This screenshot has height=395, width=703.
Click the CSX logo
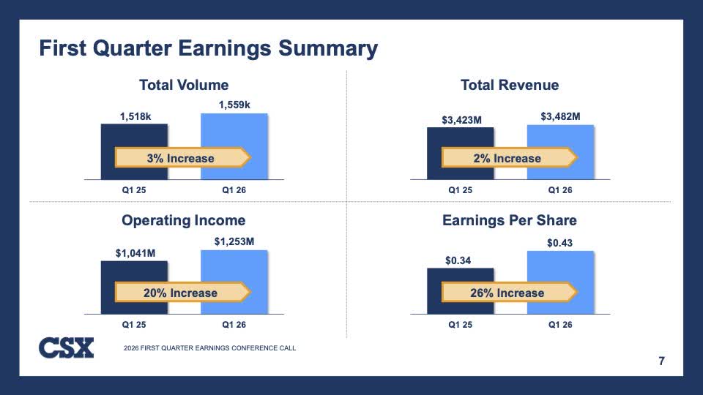66,347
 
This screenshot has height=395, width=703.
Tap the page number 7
662,361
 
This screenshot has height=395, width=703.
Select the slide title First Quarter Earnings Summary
208,49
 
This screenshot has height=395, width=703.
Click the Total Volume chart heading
184,86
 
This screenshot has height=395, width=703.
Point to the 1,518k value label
135,116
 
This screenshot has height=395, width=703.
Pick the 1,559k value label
234,105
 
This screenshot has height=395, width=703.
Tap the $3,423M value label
460,119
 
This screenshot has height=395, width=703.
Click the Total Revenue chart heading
510,86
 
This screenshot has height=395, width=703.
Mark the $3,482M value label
560,116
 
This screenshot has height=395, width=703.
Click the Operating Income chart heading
184,220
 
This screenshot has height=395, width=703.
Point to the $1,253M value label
234,241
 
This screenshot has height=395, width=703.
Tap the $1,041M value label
135,253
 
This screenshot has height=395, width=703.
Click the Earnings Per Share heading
510,220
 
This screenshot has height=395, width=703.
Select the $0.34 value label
460,260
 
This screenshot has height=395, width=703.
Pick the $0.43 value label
560,242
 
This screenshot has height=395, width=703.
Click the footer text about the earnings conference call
210,348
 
